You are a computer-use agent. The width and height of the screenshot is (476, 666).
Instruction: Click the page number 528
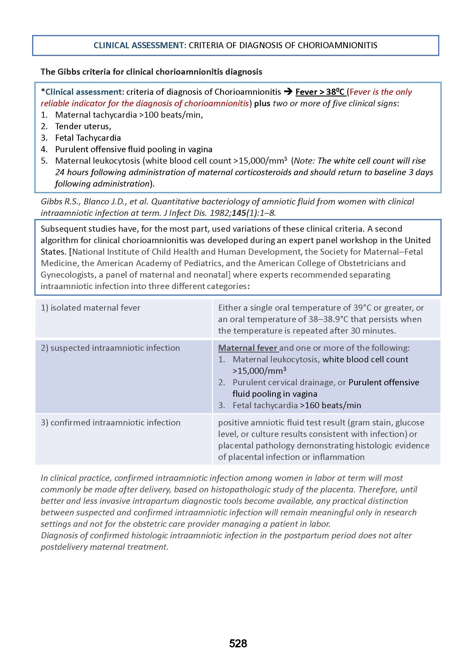tap(238, 643)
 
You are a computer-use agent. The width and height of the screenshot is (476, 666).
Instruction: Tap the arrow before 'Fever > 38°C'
tap(288, 92)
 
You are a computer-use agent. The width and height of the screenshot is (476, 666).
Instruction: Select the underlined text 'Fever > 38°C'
tap(320, 92)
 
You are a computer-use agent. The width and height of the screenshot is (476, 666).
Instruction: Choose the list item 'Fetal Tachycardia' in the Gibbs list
tap(88, 138)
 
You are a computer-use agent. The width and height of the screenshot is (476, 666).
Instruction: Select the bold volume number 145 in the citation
tap(239, 213)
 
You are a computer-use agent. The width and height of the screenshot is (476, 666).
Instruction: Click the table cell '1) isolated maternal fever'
tap(91, 308)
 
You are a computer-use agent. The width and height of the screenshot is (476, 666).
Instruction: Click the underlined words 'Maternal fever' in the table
tap(248, 348)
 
